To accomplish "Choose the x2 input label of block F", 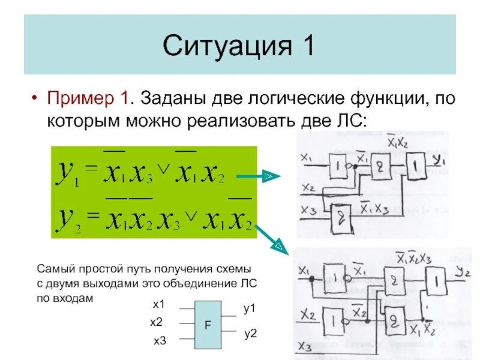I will click(157, 323).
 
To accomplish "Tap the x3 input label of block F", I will click(160, 341).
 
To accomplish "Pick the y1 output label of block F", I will click(250, 308).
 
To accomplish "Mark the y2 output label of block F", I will click(250, 334).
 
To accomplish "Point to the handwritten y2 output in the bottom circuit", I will click(461, 274).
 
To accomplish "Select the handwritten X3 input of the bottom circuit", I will click(305, 347).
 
